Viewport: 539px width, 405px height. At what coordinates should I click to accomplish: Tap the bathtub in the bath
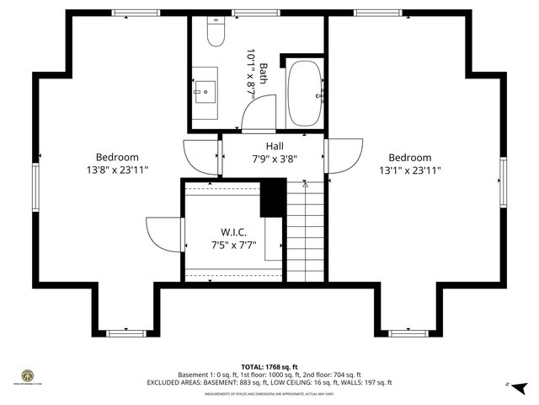pyautogui.click(x=304, y=93)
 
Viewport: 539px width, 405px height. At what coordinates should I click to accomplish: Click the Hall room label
pyautogui.click(x=275, y=146)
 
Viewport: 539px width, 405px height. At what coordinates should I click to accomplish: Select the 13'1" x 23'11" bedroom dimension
pyautogui.click(x=409, y=170)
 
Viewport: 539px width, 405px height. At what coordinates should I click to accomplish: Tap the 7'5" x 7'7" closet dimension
pyautogui.click(x=233, y=246)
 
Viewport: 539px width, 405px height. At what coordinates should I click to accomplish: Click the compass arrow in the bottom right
pyautogui.click(x=520, y=386)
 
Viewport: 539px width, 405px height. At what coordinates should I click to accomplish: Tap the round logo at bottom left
pyautogui.click(x=27, y=375)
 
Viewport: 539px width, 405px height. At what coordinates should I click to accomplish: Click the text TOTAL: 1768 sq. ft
pyautogui.click(x=269, y=367)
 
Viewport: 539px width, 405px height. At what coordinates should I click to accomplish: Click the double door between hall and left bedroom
pyautogui.click(x=202, y=155)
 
